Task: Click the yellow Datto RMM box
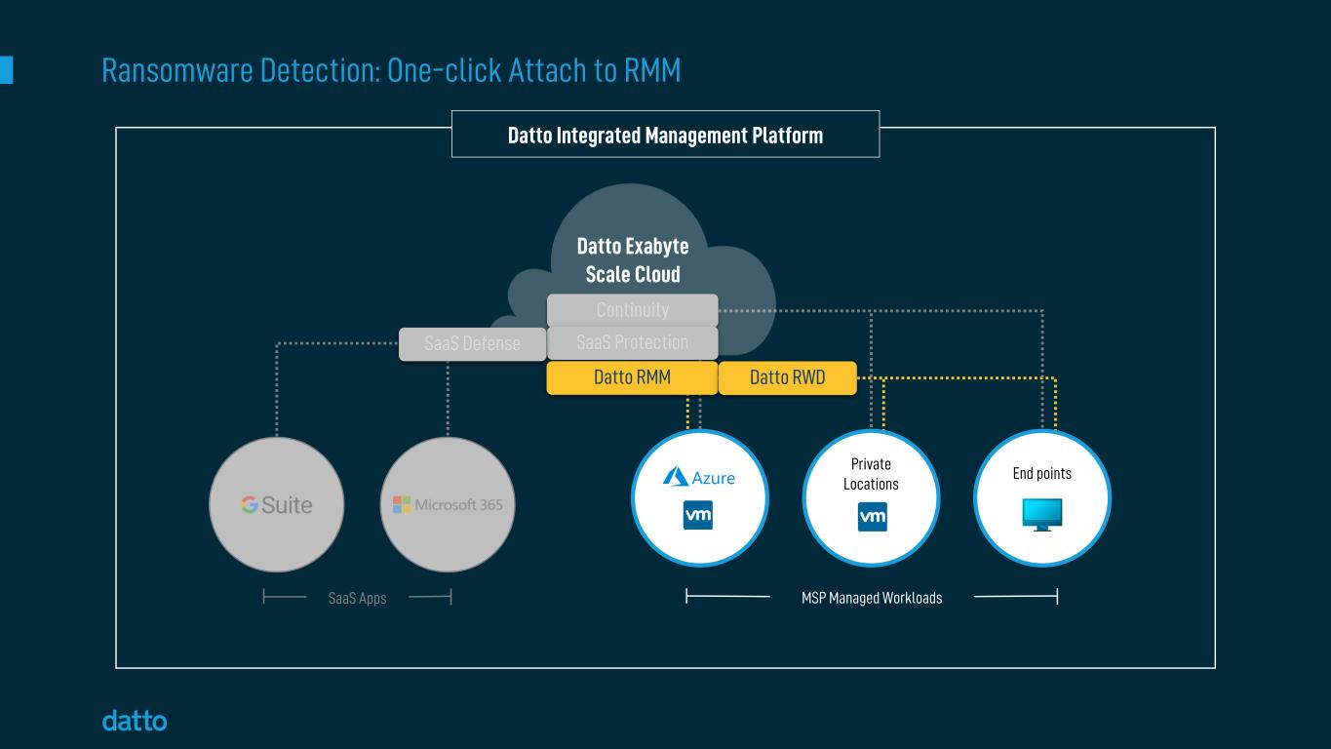pyautogui.click(x=632, y=378)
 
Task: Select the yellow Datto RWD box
pyautogui.click(x=787, y=378)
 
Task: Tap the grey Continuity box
pyautogui.click(x=632, y=310)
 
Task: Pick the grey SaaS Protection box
pyautogui.click(x=632, y=343)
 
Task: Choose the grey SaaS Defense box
pyautogui.click(x=472, y=344)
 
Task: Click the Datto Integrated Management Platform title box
pyautogui.click(x=665, y=135)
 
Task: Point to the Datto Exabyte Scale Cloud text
pyautogui.click(x=632, y=260)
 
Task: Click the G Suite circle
pyautogui.click(x=277, y=505)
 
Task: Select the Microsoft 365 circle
pyautogui.click(x=448, y=505)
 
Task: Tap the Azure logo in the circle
pyautogui.click(x=698, y=477)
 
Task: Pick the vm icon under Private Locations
pyautogui.click(x=872, y=517)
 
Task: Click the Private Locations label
pyautogui.click(x=871, y=474)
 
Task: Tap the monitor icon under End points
pyautogui.click(x=1042, y=514)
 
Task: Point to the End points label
pyautogui.click(x=1041, y=474)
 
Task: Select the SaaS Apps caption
pyautogui.click(x=357, y=598)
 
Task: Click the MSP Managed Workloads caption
pyautogui.click(x=871, y=598)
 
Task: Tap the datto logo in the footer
pyautogui.click(x=135, y=722)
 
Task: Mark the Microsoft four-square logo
pyautogui.click(x=401, y=505)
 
